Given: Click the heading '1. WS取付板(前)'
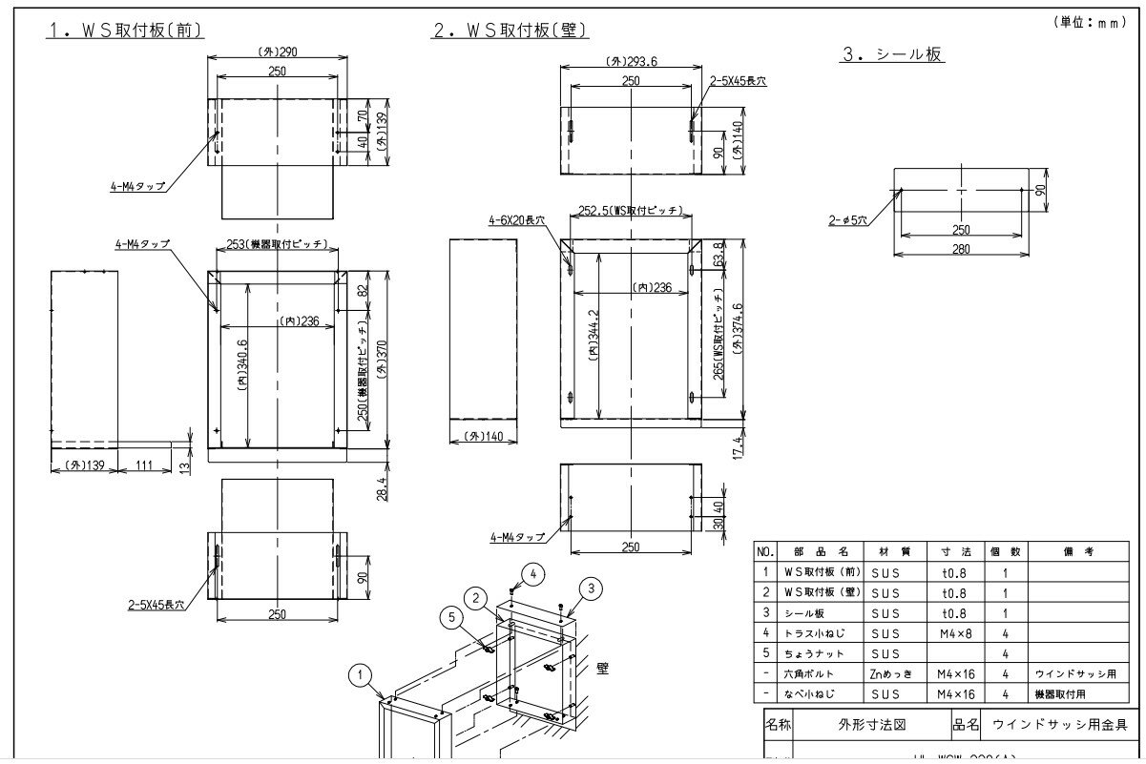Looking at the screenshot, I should (127, 30).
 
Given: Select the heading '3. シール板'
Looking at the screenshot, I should (892, 54).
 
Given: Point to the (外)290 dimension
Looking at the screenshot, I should (276, 53).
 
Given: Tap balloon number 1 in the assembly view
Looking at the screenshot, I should (360, 676).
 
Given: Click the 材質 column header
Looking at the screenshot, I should (885, 551).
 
